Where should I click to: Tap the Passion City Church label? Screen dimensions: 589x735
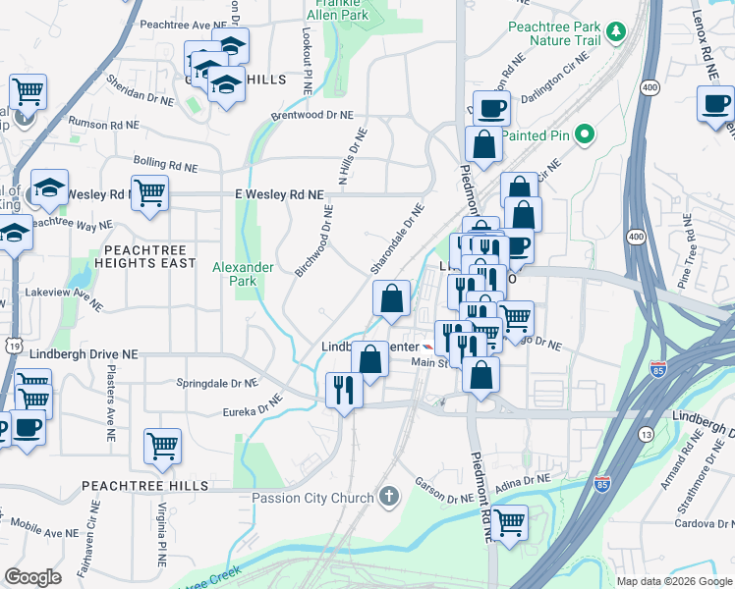(x=314, y=496)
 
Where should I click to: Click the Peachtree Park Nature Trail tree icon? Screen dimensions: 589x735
(x=616, y=32)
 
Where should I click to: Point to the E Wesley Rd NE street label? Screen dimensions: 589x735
(x=279, y=195)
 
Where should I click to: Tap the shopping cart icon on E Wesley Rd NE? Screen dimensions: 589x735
(x=149, y=193)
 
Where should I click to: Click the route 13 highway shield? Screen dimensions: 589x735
(x=646, y=434)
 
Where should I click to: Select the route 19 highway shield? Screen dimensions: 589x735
(x=13, y=345)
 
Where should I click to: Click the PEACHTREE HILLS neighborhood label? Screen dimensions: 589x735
(x=144, y=486)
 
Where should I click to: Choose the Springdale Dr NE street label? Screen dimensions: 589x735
(x=216, y=383)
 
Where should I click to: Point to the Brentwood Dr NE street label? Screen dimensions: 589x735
(x=311, y=116)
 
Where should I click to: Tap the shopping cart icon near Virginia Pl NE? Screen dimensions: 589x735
(x=162, y=446)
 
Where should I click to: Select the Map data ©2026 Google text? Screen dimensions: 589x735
(x=674, y=581)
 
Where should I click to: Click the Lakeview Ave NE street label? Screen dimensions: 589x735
(x=67, y=297)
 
